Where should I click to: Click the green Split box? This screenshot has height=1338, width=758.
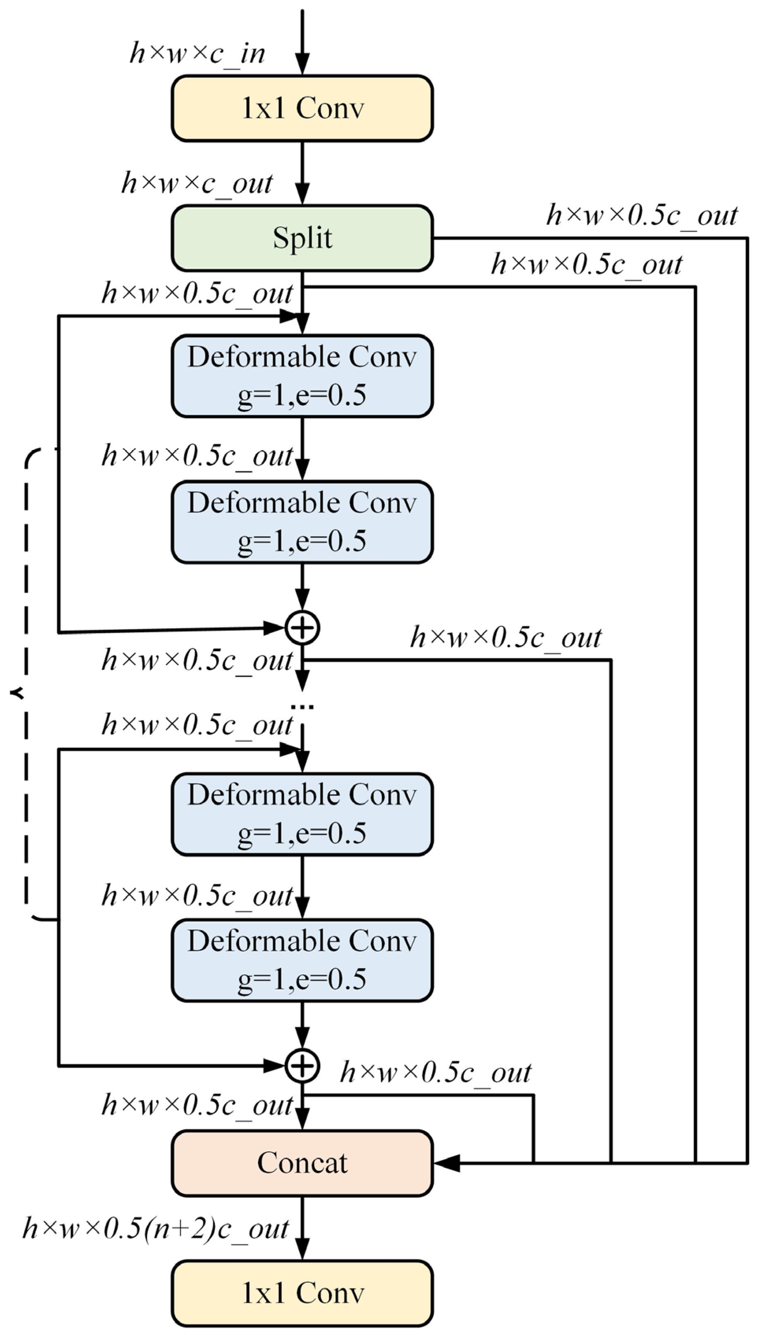coord(302,238)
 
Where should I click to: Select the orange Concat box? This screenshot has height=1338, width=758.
coord(302,1163)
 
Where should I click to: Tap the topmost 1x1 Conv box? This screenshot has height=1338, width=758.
coord(302,108)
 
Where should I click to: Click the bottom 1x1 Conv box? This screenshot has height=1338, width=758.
coord(302,1293)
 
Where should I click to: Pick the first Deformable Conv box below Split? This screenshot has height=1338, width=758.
coord(302,376)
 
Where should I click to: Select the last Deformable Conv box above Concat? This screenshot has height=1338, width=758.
coord(302,961)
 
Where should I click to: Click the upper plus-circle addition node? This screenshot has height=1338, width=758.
coord(302,627)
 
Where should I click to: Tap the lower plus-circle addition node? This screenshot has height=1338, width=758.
coord(302,1066)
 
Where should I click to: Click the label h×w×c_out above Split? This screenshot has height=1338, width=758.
coord(197,183)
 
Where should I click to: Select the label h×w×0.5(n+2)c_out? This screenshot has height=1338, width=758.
coord(155,1229)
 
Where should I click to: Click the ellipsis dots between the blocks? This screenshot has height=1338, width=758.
coord(302,707)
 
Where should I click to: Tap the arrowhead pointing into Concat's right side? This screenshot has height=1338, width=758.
coord(447,1163)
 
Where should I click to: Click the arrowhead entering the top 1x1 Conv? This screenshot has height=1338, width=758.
coord(302,65)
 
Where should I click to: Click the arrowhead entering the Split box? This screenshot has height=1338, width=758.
coord(302,194)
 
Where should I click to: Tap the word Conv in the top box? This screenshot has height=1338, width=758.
coord(330,108)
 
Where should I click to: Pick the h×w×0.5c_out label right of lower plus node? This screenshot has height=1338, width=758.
coord(435,1072)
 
